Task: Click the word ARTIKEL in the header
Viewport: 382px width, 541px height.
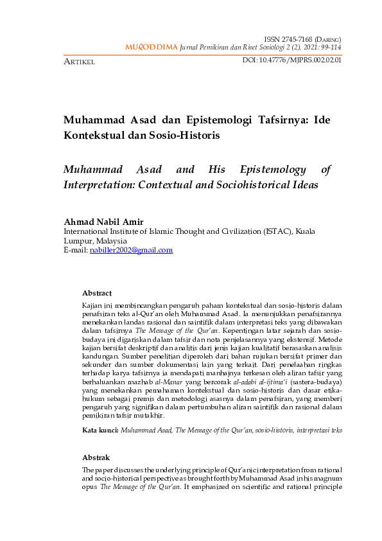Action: pos(79,62)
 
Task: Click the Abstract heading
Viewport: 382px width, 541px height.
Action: pos(97,293)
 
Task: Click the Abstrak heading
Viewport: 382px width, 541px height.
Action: pos(96,457)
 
